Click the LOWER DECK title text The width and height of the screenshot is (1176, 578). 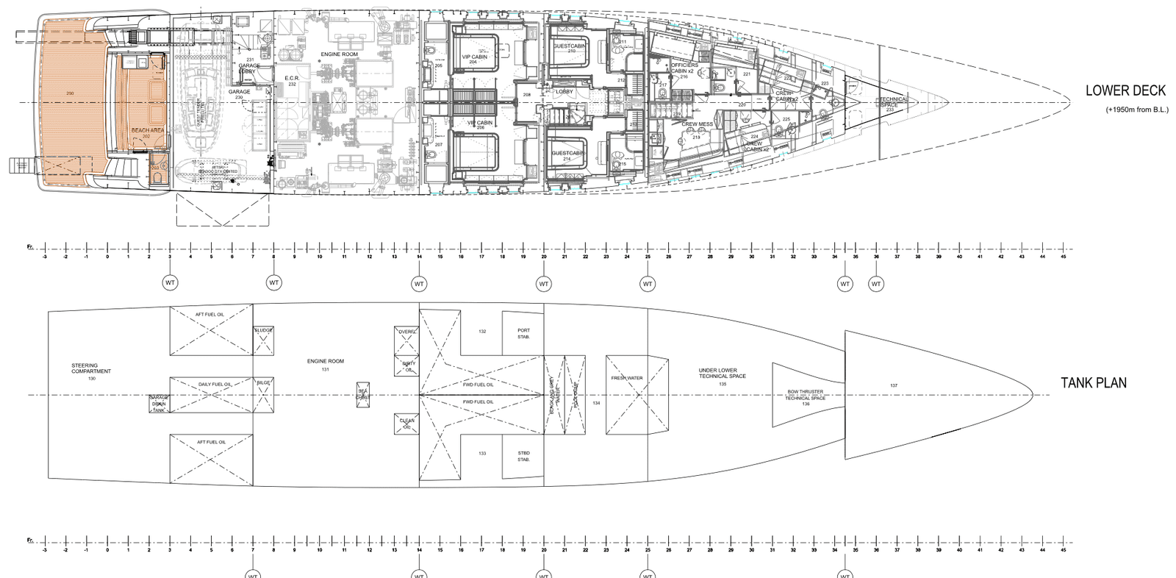pyautogui.click(x=1125, y=90)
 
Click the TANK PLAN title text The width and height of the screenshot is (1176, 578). pyautogui.click(x=1093, y=383)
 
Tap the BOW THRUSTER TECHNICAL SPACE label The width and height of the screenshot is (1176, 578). pyautogui.click(x=805, y=396)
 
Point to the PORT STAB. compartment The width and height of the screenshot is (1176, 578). pyautogui.click(x=523, y=333)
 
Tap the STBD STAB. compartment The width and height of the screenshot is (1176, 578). pyautogui.click(x=523, y=456)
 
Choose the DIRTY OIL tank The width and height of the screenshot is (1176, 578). pyautogui.click(x=408, y=366)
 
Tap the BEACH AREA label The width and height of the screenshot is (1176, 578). pyautogui.click(x=147, y=131)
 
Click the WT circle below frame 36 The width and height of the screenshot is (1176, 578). pyautogui.click(x=876, y=283)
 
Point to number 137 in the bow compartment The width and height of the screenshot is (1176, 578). pyautogui.click(x=893, y=385)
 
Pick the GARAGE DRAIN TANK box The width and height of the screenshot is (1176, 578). pyautogui.click(x=159, y=404)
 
